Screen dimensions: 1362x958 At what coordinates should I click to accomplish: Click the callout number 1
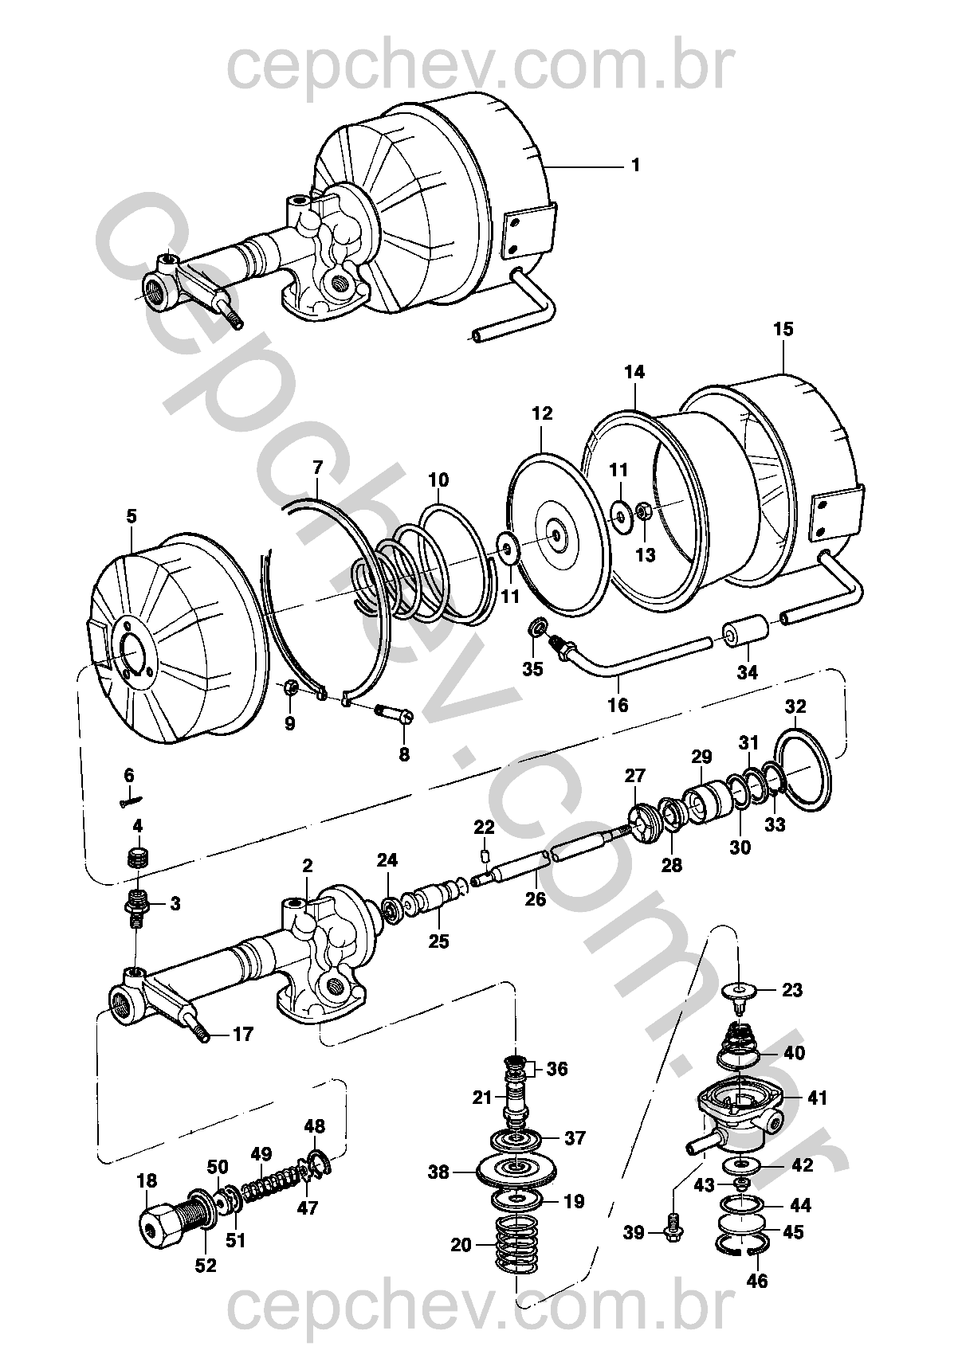tap(635, 166)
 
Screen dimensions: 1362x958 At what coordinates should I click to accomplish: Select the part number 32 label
tap(795, 706)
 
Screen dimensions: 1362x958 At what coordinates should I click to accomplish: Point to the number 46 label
tap(758, 1281)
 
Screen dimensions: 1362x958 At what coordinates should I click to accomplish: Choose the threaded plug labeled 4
tap(139, 859)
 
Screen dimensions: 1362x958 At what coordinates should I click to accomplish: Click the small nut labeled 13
tap(645, 511)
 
